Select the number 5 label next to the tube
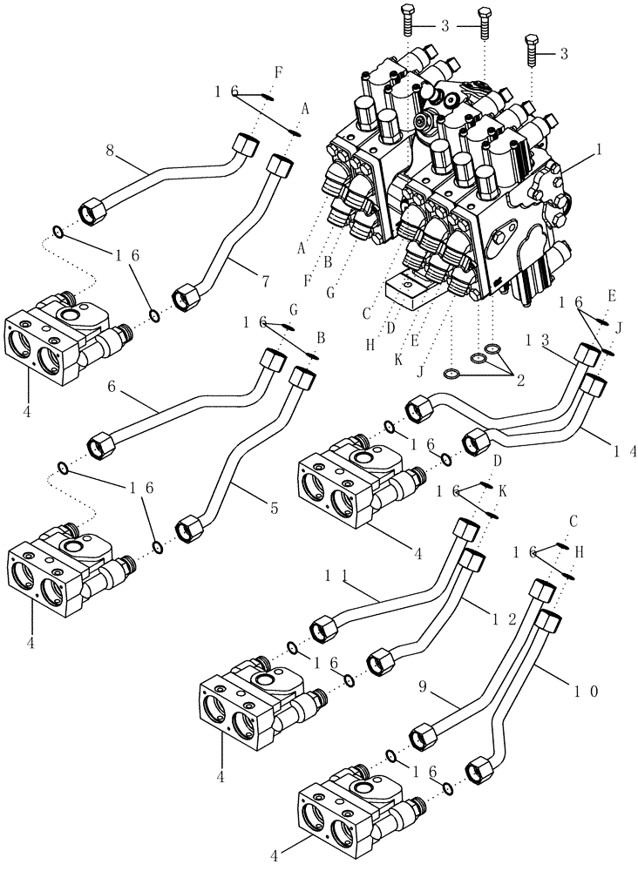tap(274, 508)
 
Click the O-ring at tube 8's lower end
tap(57, 233)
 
